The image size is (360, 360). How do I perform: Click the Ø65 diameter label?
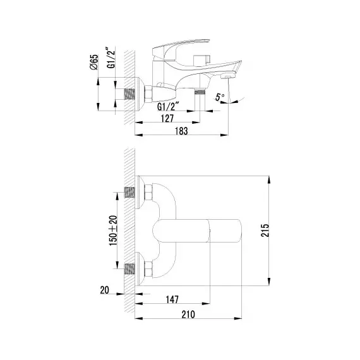[94, 62]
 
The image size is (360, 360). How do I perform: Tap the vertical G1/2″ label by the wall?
[111, 57]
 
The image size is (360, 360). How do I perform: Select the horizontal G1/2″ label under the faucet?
[168, 107]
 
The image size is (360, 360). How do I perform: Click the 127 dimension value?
[167, 119]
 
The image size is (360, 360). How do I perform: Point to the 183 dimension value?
[181, 131]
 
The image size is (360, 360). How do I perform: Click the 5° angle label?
[220, 97]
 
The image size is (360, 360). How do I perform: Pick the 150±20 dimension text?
[113, 231]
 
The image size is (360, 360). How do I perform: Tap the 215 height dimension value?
[265, 231]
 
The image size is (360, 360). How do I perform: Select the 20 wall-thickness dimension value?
[104, 290]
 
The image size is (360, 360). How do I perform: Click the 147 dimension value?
[172, 299]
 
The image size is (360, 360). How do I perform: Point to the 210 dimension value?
[188, 315]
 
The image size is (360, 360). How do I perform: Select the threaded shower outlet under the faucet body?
[200, 92]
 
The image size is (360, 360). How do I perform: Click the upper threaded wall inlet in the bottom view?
[129, 193]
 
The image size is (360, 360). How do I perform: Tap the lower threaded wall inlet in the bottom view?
[129, 269]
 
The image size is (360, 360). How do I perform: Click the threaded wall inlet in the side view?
[129, 94]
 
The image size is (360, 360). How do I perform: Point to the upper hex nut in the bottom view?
[148, 192]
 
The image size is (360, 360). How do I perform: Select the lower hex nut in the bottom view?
[148, 269]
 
